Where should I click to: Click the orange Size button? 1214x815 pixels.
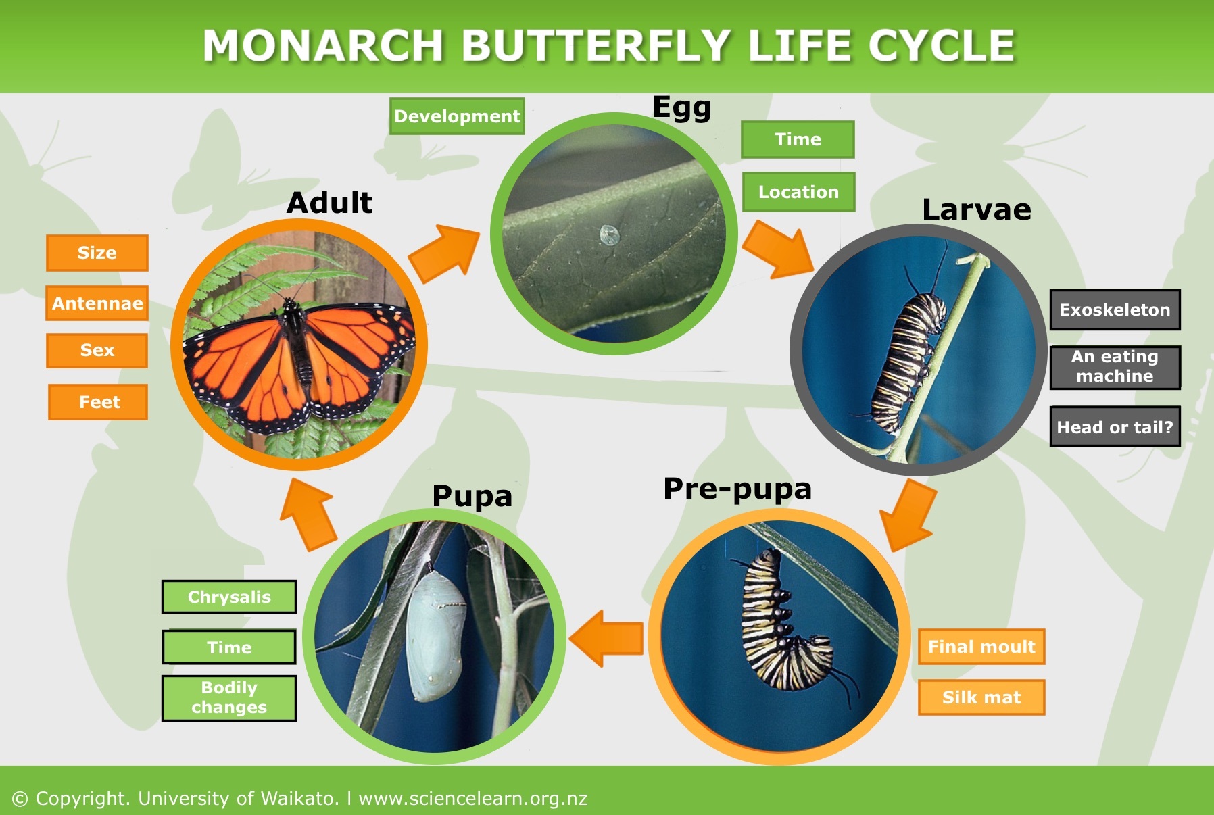click(x=97, y=253)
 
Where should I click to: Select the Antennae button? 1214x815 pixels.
click(x=97, y=303)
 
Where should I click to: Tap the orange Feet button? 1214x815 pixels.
click(x=98, y=402)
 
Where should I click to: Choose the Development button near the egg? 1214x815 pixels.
click(x=457, y=116)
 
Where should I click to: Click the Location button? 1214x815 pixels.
click(x=798, y=192)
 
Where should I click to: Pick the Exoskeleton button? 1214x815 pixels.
click(x=1115, y=310)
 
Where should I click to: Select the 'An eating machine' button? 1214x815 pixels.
click(x=1115, y=367)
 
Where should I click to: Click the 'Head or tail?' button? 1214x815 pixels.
click(x=1115, y=427)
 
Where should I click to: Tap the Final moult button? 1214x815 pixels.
click(x=981, y=647)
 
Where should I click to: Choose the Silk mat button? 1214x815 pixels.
click(x=981, y=697)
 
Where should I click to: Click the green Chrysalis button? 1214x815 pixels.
click(x=229, y=597)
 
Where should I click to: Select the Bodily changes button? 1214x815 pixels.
click(x=229, y=697)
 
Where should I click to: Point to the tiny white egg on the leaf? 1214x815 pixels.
click(x=609, y=234)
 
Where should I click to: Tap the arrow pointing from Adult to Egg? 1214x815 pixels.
click(x=445, y=253)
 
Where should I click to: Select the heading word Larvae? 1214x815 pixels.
click(x=976, y=209)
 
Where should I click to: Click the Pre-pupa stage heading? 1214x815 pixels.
click(x=737, y=489)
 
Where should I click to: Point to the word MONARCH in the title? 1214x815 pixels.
click(x=322, y=46)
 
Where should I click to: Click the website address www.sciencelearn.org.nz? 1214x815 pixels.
click(x=472, y=799)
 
